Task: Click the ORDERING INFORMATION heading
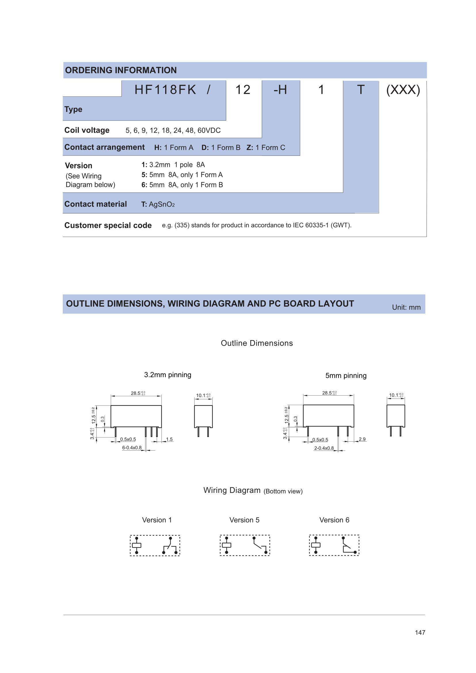121,70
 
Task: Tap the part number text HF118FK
165,90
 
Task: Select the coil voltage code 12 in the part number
243,90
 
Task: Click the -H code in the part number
280,90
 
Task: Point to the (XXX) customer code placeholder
403,90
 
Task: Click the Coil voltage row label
87,130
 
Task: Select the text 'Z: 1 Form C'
266,147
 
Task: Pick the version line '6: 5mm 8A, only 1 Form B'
182,185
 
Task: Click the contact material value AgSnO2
161,204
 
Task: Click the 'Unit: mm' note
406,307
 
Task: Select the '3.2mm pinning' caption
167,375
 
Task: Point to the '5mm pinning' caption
346,376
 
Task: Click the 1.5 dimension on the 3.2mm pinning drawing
170,439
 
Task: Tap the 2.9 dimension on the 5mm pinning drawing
362,439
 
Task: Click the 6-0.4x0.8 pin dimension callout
132,448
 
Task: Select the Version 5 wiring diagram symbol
245,545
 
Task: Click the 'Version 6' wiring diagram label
334,520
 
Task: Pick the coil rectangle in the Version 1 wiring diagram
137,546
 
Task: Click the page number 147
420,632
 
